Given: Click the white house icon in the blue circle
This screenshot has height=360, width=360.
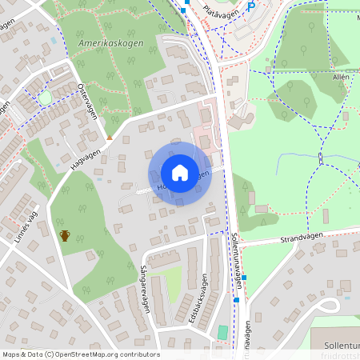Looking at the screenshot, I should click(179, 173).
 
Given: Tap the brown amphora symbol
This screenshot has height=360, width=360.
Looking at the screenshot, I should click(65, 235).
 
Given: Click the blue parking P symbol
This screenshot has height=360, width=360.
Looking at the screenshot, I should click(250, 6).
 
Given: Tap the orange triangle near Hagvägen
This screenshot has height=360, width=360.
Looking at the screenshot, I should click(110, 136).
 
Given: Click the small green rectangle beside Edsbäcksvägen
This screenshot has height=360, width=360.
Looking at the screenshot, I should click(222, 332).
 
